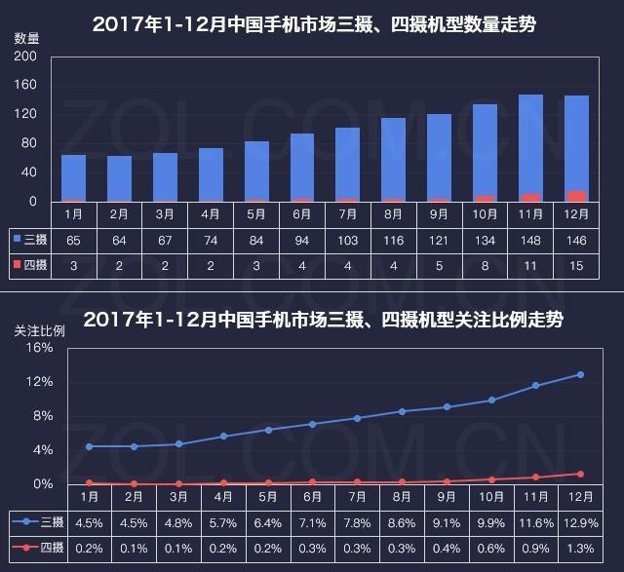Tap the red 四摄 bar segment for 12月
click(x=576, y=196)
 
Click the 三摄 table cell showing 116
click(x=393, y=238)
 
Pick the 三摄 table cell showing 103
click(x=347, y=238)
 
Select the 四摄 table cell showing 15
click(x=576, y=263)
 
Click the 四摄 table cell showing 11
click(x=530, y=263)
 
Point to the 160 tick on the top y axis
click(x=26, y=85)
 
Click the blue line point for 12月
click(x=580, y=374)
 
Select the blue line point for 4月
click(x=224, y=436)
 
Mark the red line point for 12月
click(x=580, y=474)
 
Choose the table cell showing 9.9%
click(x=491, y=523)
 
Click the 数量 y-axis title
click(x=26, y=38)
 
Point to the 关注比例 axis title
click(x=39, y=329)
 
